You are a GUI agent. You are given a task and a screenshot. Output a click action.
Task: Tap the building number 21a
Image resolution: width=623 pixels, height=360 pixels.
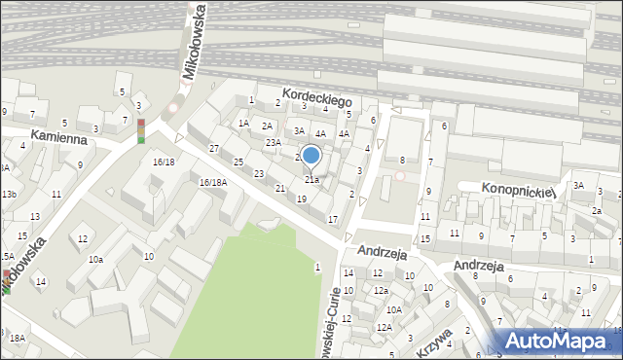311,179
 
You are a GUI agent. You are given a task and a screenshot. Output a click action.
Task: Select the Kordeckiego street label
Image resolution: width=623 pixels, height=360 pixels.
316,98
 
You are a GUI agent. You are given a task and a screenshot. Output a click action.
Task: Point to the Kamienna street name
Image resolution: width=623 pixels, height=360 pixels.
58,138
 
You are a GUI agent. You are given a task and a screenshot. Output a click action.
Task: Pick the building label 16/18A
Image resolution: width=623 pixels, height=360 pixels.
212,182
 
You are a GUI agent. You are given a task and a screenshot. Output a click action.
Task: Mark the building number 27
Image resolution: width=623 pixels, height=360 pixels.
213,148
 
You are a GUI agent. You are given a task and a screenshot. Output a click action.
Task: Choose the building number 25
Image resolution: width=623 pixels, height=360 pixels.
238,162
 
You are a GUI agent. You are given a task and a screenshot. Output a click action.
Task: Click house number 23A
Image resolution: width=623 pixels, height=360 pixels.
274,142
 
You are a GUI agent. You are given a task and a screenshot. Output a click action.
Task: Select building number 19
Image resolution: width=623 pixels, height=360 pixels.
302,198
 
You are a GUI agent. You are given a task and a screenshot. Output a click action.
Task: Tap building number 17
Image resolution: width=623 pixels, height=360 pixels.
332,219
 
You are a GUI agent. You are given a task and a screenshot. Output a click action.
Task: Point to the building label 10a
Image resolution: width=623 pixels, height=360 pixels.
95,259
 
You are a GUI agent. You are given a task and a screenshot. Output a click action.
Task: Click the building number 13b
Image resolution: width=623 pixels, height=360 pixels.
9,195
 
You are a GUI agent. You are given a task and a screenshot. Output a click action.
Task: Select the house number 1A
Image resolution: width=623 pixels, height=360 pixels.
244,123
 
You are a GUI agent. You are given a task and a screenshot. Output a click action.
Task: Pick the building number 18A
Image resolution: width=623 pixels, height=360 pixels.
18,338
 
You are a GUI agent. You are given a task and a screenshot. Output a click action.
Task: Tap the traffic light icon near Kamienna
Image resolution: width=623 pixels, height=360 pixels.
140,130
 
